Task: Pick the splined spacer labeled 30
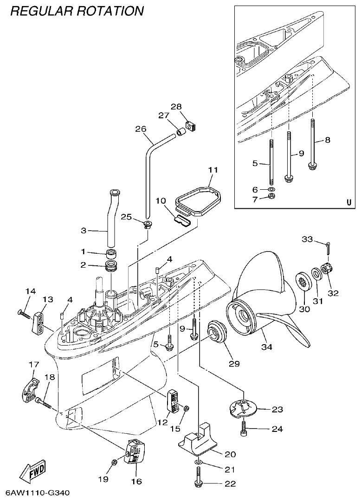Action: click(x=303, y=282)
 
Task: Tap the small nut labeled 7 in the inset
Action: click(x=273, y=197)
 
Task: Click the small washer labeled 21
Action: click(x=199, y=463)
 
